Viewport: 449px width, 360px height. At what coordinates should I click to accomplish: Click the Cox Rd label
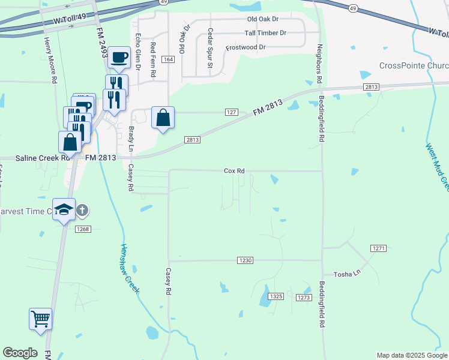234,171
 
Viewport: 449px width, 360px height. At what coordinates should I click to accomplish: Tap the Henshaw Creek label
130,268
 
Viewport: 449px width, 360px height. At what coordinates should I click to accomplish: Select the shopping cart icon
41,319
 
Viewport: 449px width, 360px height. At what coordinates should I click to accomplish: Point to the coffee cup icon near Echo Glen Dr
119,58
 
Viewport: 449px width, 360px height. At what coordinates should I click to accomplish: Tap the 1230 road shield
246,260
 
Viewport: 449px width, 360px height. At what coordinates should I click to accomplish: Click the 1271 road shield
378,248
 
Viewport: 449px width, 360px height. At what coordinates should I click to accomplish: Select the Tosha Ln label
348,272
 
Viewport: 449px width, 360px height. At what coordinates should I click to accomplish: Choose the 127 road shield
233,112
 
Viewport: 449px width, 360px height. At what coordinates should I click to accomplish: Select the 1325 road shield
276,296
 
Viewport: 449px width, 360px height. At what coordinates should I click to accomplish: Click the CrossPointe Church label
414,65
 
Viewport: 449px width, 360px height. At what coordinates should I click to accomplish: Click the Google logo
20,353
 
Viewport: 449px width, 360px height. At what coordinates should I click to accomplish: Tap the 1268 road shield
83,229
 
